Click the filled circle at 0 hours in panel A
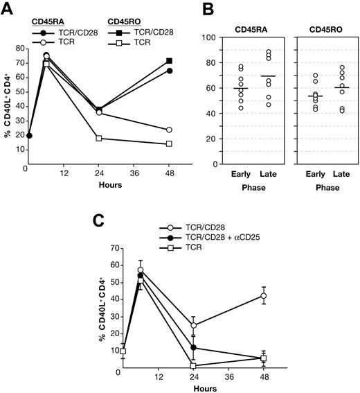point(28,136)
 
